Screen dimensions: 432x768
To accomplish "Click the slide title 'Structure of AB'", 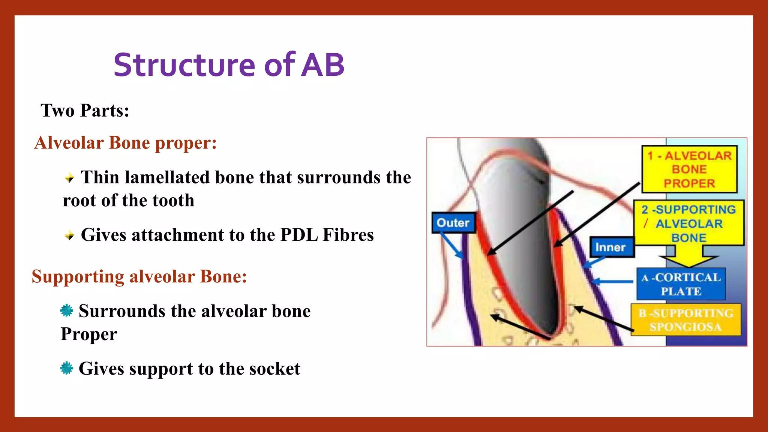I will pos(229,65).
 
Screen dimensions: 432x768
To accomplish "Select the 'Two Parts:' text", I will pos(85,111).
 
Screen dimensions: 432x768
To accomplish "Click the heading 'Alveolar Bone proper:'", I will pos(125,143).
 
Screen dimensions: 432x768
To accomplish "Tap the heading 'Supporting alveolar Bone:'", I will pos(139,277).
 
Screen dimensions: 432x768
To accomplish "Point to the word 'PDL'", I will pos(299,235).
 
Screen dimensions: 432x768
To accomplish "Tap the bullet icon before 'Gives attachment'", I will pos(69,235).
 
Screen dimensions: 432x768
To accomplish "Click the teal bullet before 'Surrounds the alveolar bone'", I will pos(67,310).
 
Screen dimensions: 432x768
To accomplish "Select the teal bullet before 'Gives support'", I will pos(67,368).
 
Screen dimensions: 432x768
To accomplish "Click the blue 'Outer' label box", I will pos(453,223).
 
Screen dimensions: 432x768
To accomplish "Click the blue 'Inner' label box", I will pos(611,247).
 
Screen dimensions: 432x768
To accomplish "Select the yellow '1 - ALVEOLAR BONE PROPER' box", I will pos(689,169).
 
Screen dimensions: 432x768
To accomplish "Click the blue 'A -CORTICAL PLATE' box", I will pos(681,284).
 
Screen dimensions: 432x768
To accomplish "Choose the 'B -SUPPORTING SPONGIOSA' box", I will pos(685,320).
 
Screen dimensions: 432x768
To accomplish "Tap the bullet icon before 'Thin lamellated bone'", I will pos(69,178).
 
